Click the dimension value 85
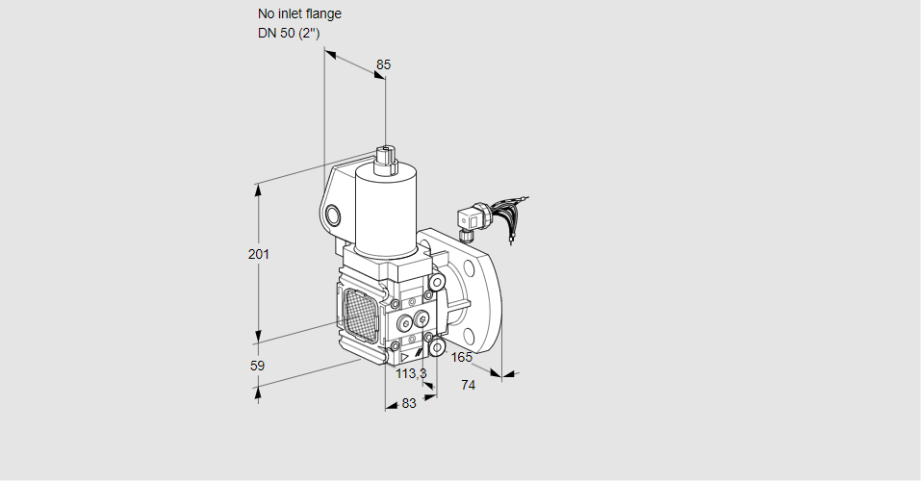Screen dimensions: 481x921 383,64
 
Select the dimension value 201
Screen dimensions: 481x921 258,254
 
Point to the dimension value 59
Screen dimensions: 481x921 257,366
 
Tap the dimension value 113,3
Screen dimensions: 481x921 411,373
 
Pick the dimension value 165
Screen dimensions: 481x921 462,358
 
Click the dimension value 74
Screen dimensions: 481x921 469,385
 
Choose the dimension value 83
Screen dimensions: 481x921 409,403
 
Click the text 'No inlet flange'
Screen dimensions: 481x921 299,14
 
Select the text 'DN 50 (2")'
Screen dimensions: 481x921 288,34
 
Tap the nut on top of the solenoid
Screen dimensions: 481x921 386,157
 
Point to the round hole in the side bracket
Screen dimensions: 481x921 333,215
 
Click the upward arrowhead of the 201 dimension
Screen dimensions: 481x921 258,189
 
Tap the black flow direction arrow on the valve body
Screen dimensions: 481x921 418,355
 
